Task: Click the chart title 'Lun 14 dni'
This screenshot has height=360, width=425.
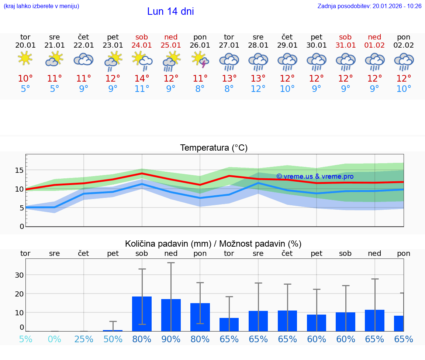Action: (x=170, y=11)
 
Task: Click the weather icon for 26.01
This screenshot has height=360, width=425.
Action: (x=200, y=60)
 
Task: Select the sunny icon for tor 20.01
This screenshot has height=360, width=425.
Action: (x=25, y=58)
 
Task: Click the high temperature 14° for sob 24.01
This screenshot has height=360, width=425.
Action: (x=142, y=78)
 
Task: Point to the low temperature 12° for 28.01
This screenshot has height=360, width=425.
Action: (x=258, y=89)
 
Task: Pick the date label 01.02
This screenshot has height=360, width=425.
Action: (x=374, y=45)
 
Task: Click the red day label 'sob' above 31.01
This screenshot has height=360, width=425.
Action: (x=345, y=37)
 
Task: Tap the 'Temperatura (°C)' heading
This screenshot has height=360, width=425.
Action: (x=214, y=148)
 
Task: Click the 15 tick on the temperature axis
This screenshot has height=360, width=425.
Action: (x=19, y=170)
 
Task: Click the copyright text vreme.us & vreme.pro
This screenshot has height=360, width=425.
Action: (x=315, y=176)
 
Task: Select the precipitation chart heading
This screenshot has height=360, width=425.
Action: (x=213, y=244)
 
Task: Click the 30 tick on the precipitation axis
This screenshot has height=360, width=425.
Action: (x=19, y=275)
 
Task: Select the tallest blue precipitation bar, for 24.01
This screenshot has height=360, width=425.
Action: (x=142, y=314)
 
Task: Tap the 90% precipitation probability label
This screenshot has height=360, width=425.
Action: (x=171, y=339)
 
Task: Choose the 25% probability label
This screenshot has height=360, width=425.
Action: (x=84, y=339)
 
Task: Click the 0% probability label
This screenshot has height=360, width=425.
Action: (x=54, y=339)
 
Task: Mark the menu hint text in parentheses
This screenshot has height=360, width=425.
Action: (x=41, y=6)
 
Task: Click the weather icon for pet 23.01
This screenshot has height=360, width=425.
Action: (x=113, y=61)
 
